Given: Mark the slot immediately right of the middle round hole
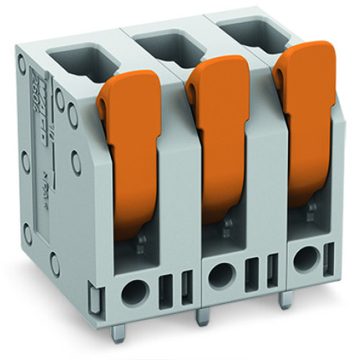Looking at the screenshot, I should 253,272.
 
